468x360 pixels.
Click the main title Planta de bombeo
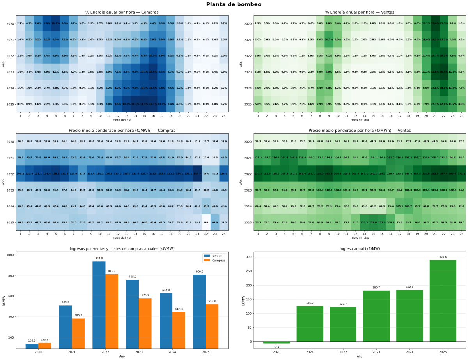234,5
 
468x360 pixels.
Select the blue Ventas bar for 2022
99,304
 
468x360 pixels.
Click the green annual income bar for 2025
443,300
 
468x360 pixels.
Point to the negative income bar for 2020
277,342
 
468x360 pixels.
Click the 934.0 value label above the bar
99,258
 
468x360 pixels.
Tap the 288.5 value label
443,257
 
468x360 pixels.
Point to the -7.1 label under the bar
277,347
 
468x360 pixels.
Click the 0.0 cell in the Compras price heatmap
206,222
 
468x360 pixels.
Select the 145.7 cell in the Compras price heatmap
197,174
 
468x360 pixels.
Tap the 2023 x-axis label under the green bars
376,352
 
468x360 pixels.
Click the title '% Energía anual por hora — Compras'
122,12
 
